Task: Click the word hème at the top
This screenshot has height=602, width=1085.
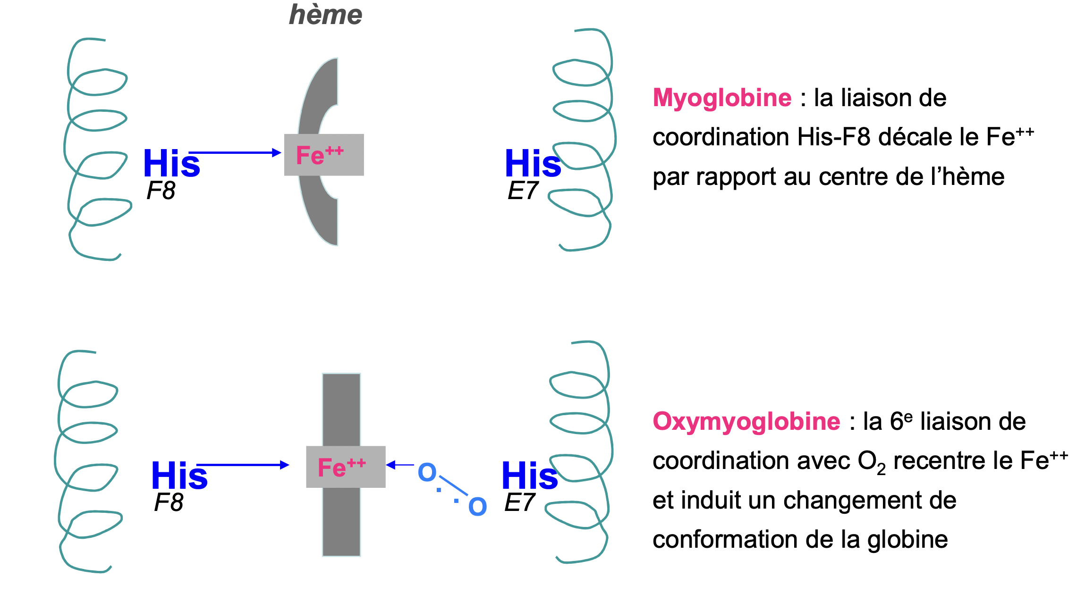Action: [x=325, y=15]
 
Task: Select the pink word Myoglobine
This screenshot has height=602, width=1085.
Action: [x=722, y=98]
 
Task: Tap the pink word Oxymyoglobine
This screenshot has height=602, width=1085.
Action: [x=746, y=421]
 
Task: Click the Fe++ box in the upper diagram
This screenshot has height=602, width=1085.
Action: [x=324, y=155]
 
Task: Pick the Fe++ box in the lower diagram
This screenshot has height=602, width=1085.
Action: [x=346, y=467]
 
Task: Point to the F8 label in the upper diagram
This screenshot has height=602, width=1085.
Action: [x=161, y=191]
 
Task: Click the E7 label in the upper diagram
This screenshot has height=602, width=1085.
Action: [x=523, y=191]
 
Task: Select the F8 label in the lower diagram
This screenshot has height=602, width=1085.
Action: [x=169, y=502]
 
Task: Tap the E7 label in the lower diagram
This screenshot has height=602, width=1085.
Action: [x=519, y=502]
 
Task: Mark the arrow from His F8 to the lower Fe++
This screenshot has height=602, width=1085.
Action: [x=243, y=465]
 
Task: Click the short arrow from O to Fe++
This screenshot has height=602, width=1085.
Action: [x=400, y=465]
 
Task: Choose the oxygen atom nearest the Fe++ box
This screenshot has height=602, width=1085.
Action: [x=427, y=472]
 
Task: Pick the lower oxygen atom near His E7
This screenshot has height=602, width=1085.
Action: [x=477, y=507]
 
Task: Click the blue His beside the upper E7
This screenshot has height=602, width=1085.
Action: [x=533, y=163]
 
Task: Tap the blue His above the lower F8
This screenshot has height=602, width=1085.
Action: [x=179, y=475]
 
